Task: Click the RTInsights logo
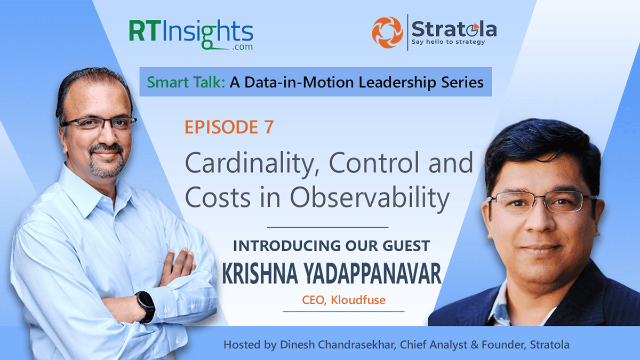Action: coord(191,32)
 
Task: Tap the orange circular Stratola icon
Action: coord(388,31)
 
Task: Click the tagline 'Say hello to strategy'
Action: coord(448,42)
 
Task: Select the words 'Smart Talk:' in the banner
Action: coord(178,83)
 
